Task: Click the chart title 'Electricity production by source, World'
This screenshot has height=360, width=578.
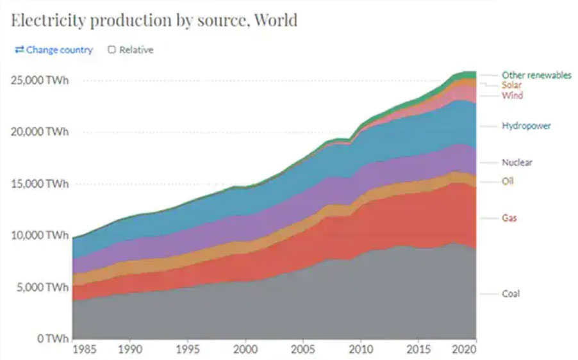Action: (x=154, y=20)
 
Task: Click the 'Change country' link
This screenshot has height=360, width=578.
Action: (x=54, y=50)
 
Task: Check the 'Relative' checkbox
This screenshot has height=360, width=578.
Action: (x=112, y=50)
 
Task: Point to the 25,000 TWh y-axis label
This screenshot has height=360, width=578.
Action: (x=39, y=81)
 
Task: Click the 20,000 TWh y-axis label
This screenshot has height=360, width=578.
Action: (x=39, y=132)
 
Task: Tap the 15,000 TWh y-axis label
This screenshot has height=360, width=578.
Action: (x=39, y=184)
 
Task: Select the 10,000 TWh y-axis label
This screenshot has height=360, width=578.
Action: (x=39, y=235)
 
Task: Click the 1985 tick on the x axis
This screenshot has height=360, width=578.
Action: (x=85, y=350)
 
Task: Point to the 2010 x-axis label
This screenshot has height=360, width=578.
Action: (x=360, y=350)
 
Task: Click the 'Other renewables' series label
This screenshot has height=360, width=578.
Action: (x=536, y=76)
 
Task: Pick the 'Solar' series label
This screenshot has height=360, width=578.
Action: (x=512, y=85)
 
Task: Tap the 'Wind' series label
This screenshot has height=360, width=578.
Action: (x=512, y=96)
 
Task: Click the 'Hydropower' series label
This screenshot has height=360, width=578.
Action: (x=526, y=126)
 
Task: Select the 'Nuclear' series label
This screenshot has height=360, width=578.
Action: (x=516, y=163)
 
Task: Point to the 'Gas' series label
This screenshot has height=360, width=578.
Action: (x=509, y=218)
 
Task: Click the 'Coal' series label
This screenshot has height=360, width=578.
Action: (x=511, y=294)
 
